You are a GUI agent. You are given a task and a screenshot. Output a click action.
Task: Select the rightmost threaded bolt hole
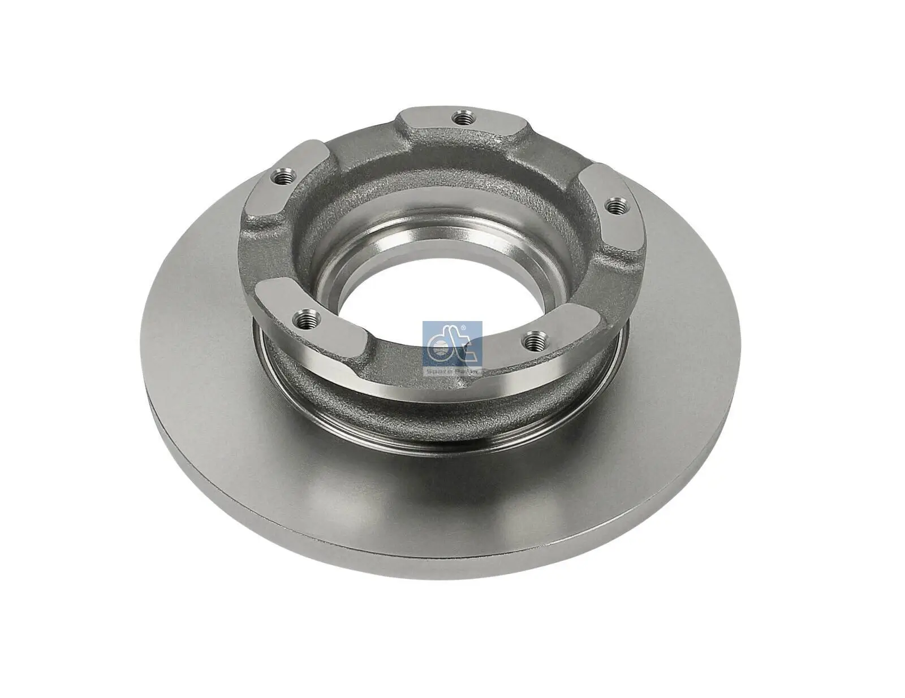615,207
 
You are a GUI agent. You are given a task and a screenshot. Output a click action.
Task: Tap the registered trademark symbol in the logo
464,328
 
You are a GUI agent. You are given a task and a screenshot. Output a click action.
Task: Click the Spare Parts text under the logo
452,372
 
